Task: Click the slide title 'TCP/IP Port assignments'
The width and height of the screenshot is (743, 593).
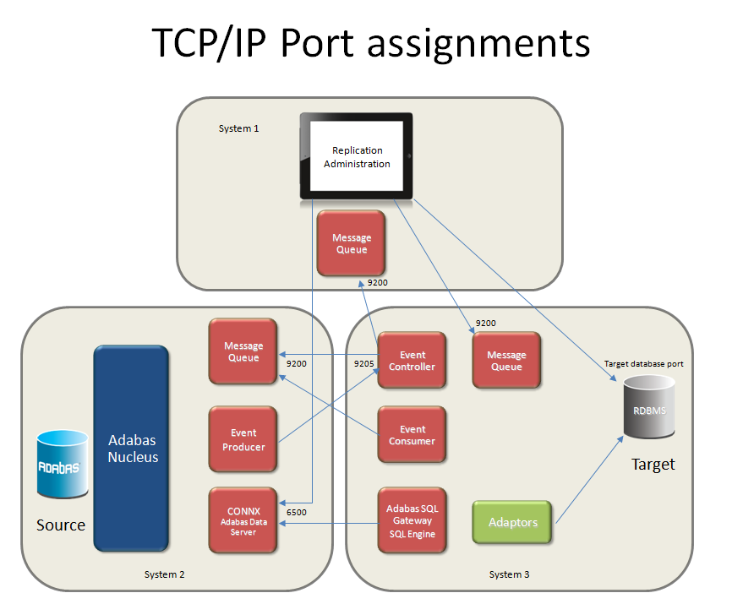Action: tap(371, 43)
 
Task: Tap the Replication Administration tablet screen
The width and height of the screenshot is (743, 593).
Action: tap(357, 157)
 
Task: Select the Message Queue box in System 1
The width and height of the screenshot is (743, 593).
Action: tap(351, 243)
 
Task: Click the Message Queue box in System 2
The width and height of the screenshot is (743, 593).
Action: tap(243, 351)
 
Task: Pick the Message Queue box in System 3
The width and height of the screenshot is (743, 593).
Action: tap(506, 361)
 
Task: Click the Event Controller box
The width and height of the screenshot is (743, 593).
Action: tap(412, 361)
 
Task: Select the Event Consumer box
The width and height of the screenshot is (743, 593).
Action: tap(412, 435)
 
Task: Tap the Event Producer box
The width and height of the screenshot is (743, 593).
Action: tap(243, 439)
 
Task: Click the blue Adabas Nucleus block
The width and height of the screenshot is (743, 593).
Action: tap(133, 448)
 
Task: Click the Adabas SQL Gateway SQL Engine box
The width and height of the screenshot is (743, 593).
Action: tap(412, 521)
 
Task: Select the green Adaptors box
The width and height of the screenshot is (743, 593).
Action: tap(512, 522)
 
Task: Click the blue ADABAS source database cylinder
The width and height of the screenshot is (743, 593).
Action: tap(62, 465)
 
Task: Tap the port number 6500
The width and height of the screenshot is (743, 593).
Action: tap(297, 512)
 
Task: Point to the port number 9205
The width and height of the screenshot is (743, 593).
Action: tap(363, 363)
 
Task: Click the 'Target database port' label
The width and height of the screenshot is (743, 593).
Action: tap(643, 363)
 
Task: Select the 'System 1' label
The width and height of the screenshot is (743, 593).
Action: tap(238, 128)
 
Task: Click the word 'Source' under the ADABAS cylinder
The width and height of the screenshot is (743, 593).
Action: tap(61, 525)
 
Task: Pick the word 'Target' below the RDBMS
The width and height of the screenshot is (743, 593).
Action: tap(653, 465)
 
